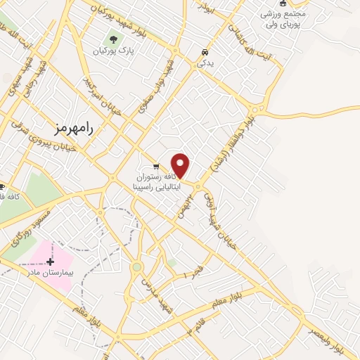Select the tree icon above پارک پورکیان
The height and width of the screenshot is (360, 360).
pyautogui.click(x=112, y=39)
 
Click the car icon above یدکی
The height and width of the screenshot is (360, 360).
pyautogui.click(x=204, y=52)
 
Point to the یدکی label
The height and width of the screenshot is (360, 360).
pyautogui.click(x=204, y=63)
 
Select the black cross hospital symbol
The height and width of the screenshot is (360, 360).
pyautogui.click(x=50, y=262)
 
